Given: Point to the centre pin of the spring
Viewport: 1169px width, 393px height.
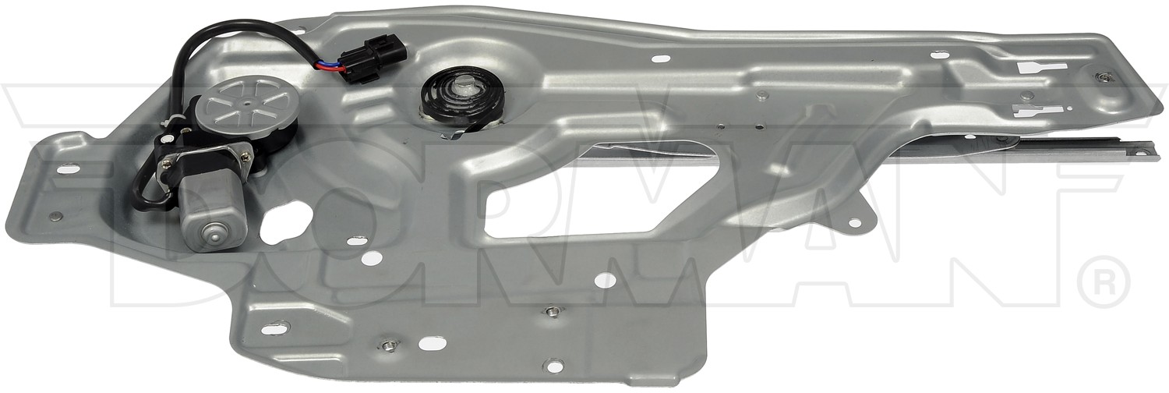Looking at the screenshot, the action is (x=462, y=89).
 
